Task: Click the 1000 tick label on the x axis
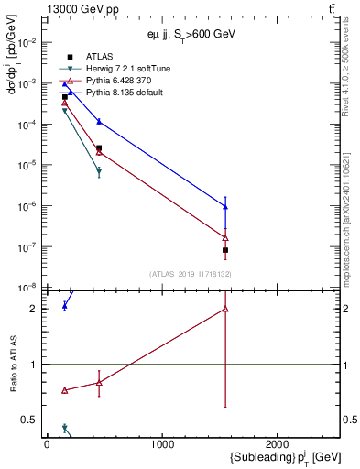click(x=162, y=444)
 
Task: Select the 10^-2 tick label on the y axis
click(x=27, y=42)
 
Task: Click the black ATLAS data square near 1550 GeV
click(x=225, y=250)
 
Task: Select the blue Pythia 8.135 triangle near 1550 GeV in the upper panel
click(x=225, y=207)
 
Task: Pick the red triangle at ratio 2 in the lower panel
click(x=225, y=309)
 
